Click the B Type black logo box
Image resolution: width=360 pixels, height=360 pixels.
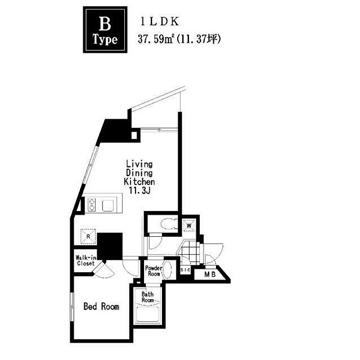point(105,30)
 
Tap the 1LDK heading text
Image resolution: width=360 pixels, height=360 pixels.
point(160,21)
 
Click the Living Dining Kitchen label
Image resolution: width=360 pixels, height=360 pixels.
point(139,173)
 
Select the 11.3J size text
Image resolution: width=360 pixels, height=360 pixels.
point(139,190)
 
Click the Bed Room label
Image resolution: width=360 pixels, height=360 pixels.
point(101,307)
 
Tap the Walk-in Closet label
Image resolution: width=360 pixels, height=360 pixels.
point(85,260)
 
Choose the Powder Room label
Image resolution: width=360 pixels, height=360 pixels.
point(154,271)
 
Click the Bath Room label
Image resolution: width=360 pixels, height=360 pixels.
point(147,297)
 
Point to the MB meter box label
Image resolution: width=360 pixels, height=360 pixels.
point(210,274)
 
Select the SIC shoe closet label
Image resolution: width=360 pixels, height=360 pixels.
point(185,270)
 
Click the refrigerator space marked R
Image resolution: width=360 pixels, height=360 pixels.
point(88,236)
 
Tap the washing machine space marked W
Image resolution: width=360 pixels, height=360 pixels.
point(189,226)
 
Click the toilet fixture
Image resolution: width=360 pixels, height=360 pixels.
point(168,224)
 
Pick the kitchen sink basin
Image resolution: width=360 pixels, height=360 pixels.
point(108,205)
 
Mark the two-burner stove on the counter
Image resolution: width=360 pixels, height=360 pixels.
point(92,205)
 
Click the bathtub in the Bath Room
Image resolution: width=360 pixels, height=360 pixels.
point(147,314)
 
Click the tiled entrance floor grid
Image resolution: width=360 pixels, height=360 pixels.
point(189,253)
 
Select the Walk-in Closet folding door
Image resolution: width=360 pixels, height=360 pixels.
point(103,270)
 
